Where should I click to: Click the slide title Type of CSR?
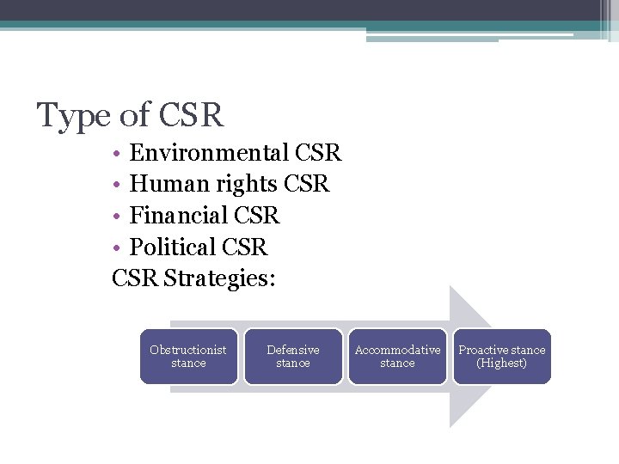coord(130,114)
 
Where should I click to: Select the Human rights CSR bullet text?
coord(230,185)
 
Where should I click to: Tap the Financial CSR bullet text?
coord(205,216)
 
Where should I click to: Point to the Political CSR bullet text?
coord(199,247)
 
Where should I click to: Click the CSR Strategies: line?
coord(193,278)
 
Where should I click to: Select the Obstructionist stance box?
coord(188,357)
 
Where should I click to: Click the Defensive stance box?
coord(293,357)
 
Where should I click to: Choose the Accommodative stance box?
coord(397,357)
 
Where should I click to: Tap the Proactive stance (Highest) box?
coord(502,357)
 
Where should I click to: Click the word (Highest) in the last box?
coord(502,363)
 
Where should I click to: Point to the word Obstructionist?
coord(188,350)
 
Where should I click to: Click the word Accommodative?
coord(397,350)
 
